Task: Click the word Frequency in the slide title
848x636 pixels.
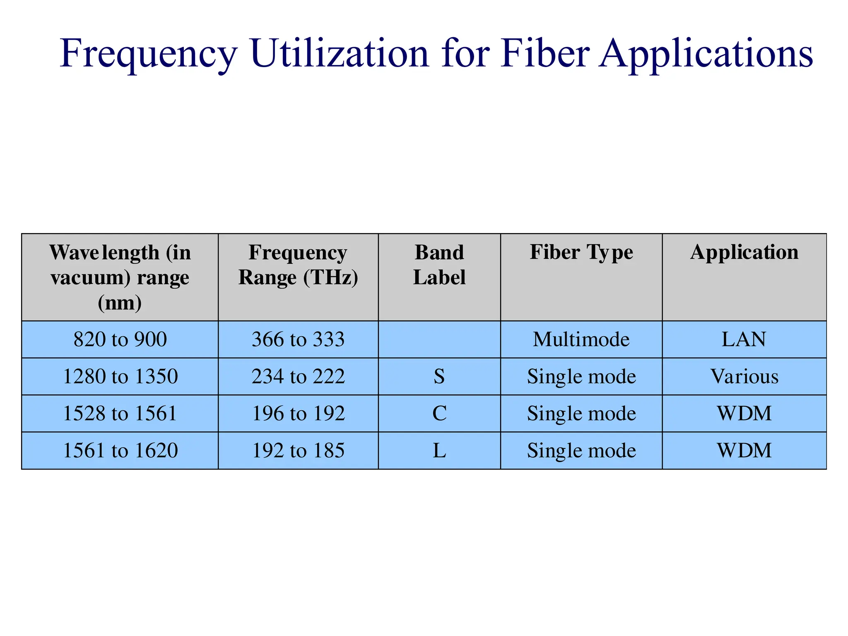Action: (x=149, y=54)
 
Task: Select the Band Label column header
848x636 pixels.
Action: (x=439, y=265)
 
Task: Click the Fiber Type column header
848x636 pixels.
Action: (x=581, y=252)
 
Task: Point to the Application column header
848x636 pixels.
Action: (x=744, y=252)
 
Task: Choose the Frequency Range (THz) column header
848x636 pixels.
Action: (x=298, y=265)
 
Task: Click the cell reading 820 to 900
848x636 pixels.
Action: (x=120, y=340)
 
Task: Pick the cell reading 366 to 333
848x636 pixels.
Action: (x=298, y=340)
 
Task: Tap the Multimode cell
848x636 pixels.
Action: (x=581, y=340)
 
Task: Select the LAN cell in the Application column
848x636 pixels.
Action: (x=744, y=340)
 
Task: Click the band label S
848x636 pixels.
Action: (x=439, y=376)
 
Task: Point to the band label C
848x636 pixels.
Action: (x=439, y=413)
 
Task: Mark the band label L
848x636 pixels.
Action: (x=439, y=450)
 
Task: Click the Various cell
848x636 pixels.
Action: (x=744, y=376)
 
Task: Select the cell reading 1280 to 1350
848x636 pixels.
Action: (x=120, y=376)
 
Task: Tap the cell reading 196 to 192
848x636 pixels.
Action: (x=298, y=413)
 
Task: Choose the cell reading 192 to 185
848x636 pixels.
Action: (x=298, y=450)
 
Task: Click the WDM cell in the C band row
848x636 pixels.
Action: (x=744, y=413)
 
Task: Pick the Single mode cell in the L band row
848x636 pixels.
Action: (x=581, y=450)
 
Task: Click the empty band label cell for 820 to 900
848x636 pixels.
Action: (x=439, y=340)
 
